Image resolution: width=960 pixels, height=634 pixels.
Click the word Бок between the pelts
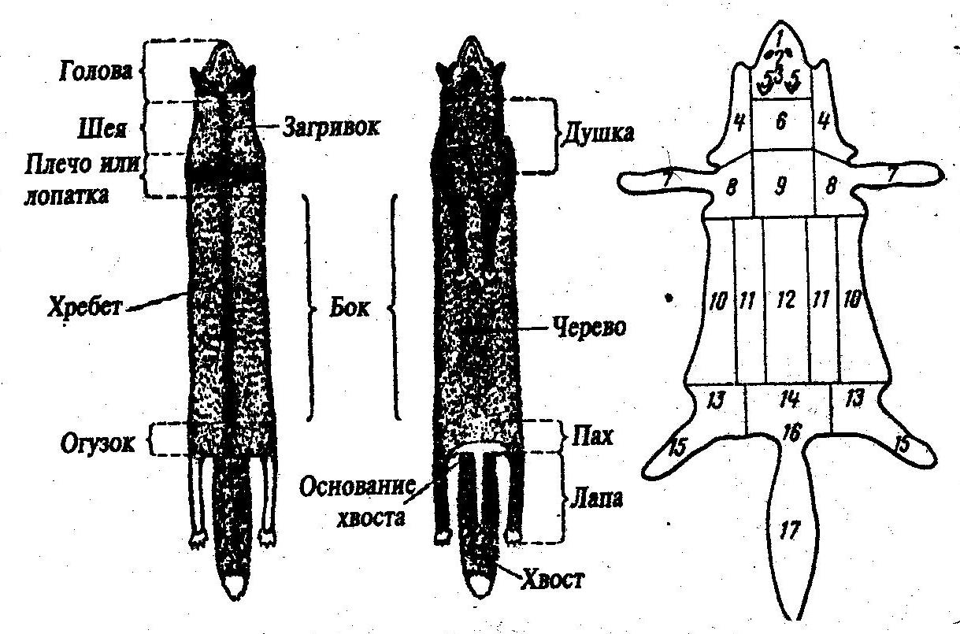(x=348, y=308)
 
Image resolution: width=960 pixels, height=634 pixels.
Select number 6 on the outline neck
(x=782, y=124)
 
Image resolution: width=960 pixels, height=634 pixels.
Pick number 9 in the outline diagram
(x=782, y=188)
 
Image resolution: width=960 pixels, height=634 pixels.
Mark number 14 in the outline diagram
(x=788, y=400)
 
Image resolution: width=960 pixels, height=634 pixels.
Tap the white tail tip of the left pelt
(x=236, y=584)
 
